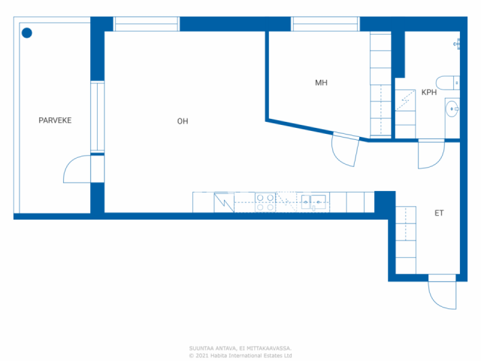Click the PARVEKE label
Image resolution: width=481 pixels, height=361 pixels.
tap(55, 120)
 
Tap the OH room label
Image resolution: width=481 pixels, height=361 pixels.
tap(183, 121)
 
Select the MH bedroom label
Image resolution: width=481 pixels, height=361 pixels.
tap(321, 83)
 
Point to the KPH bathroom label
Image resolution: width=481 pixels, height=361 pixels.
tap(429, 92)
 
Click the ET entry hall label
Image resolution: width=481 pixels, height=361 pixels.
tap(439, 213)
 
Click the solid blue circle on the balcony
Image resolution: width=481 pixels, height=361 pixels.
tap(27, 33)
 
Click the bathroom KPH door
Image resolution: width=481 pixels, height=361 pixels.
tap(431, 154)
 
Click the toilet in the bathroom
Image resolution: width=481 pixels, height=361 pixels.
tap(447, 83)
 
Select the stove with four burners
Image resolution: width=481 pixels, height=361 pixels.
tap(265, 202)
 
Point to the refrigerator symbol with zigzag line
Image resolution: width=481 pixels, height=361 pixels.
tap(224, 203)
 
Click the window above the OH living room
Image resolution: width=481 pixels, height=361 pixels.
tap(146, 24)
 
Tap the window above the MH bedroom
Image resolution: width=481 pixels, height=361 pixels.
tap(325, 24)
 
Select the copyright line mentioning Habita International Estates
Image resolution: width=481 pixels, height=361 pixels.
tap(240, 356)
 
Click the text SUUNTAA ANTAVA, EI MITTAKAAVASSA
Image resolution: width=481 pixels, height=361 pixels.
tap(240, 349)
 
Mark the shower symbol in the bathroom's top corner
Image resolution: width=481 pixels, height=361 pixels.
tap(457, 44)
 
